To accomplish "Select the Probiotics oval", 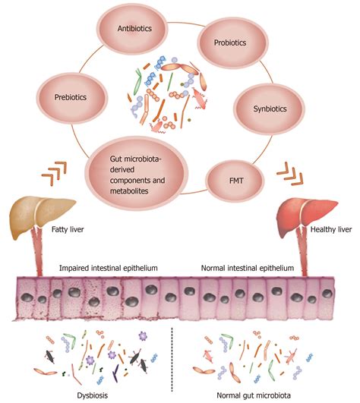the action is pyautogui.click(x=232, y=43).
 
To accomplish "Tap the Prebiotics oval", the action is pyautogui.click(x=71, y=98).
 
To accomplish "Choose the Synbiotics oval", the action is pyautogui.click(x=269, y=109).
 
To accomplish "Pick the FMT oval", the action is pyautogui.click(x=235, y=181).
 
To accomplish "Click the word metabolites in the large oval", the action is pyautogui.click(x=129, y=191).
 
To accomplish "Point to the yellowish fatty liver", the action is pyautogui.click(x=41, y=215).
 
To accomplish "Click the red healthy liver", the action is pyautogui.click(x=306, y=215).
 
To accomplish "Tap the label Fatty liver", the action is pyautogui.click(x=68, y=229).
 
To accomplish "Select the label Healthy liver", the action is pyautogui.click(x=331, y=229).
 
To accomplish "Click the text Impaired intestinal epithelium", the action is pyautogui.click(x=109, y=268).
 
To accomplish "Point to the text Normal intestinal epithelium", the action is pyautogui.click(x=248, y=268).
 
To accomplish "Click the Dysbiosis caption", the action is pyautogui.click(x=93, y=395).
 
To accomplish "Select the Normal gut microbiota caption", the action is pyautogui.click(x=254, y=395).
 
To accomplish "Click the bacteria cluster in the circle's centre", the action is pyautogui.click(x=166, y=94).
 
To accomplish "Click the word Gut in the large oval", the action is pyautogui.click(x=115, y=159).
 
